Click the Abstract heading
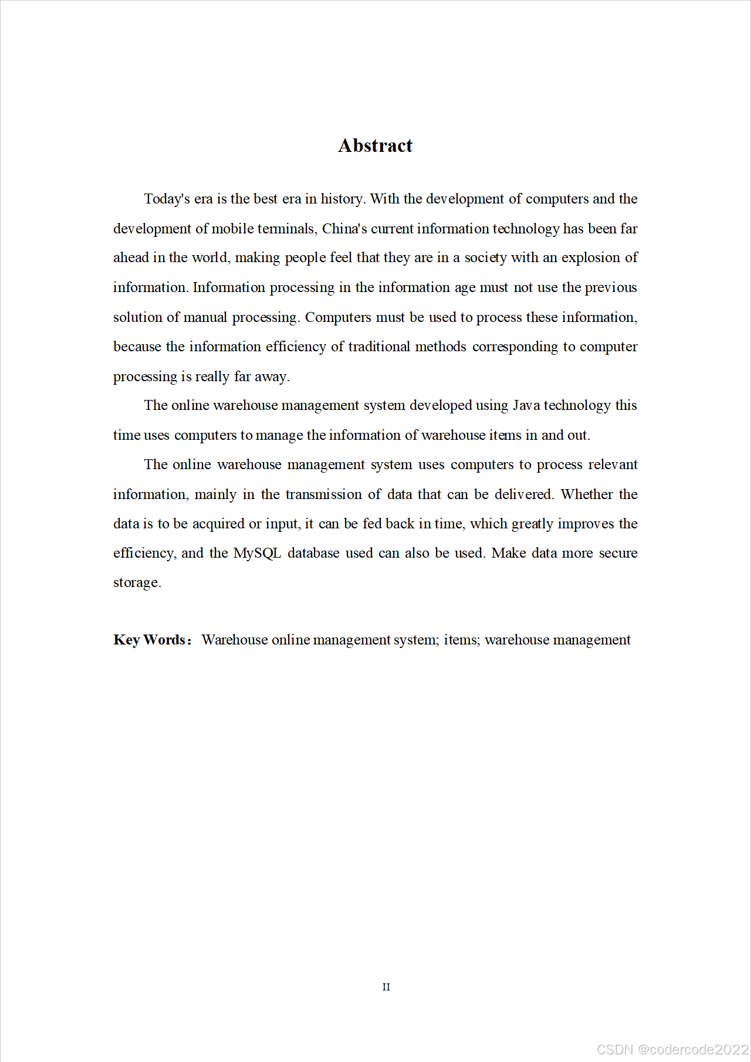pos(375,145)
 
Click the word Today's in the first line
pos(167,199)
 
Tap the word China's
pos(344,229)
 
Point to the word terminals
pos(287,229)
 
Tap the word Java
pos(526,405)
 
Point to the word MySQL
pos(257,553)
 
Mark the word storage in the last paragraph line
pos(136,583)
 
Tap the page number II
pos(386,987)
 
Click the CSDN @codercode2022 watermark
pos(672,1049)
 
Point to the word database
pos(313,553)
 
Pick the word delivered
pos(523,494)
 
